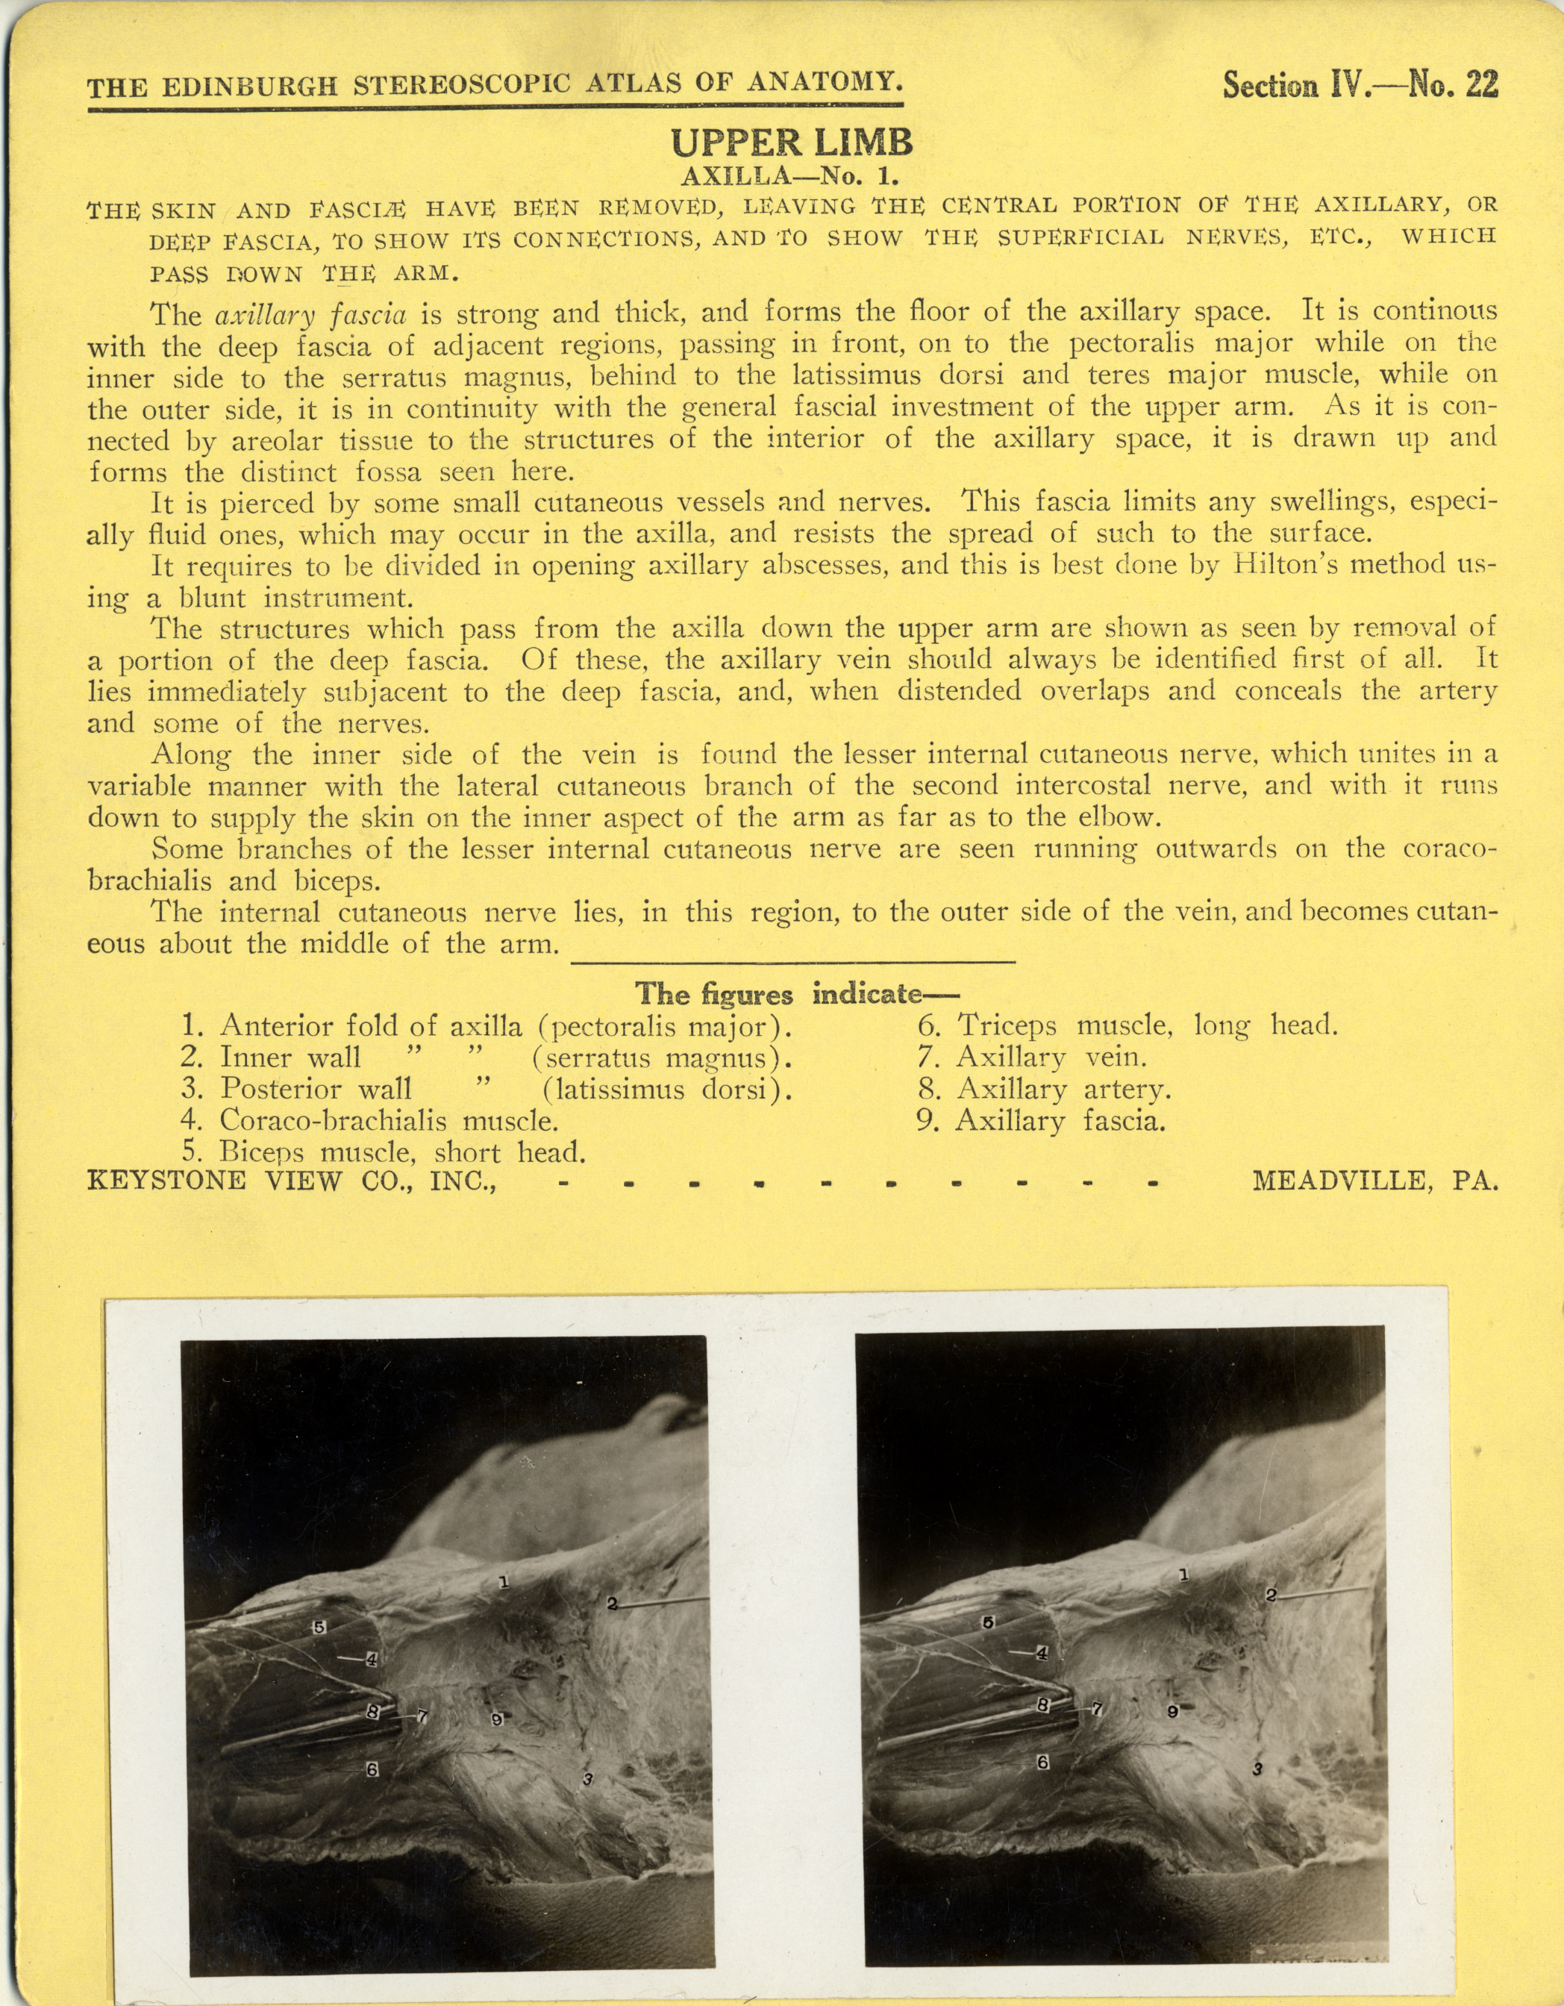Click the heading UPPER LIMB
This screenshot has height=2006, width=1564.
(x=792, y=143)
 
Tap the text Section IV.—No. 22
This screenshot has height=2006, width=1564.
(x=1360, y=85)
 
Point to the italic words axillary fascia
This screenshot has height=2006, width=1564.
(x=310, y=315)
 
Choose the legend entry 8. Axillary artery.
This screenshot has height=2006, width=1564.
(x=1044, y=1090)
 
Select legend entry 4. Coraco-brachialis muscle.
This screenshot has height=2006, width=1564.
(x=370, y=1121)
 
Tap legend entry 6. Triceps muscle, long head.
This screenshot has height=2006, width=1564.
(x=1127, y=1025)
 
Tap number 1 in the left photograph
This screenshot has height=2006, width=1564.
(x=503, y=1581)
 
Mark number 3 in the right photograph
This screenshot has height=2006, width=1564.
(x=1257, y=1767)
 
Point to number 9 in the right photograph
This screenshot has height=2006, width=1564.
(x=1173, y=1711)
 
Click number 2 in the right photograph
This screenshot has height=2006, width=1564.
(x=1271, y=1596)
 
